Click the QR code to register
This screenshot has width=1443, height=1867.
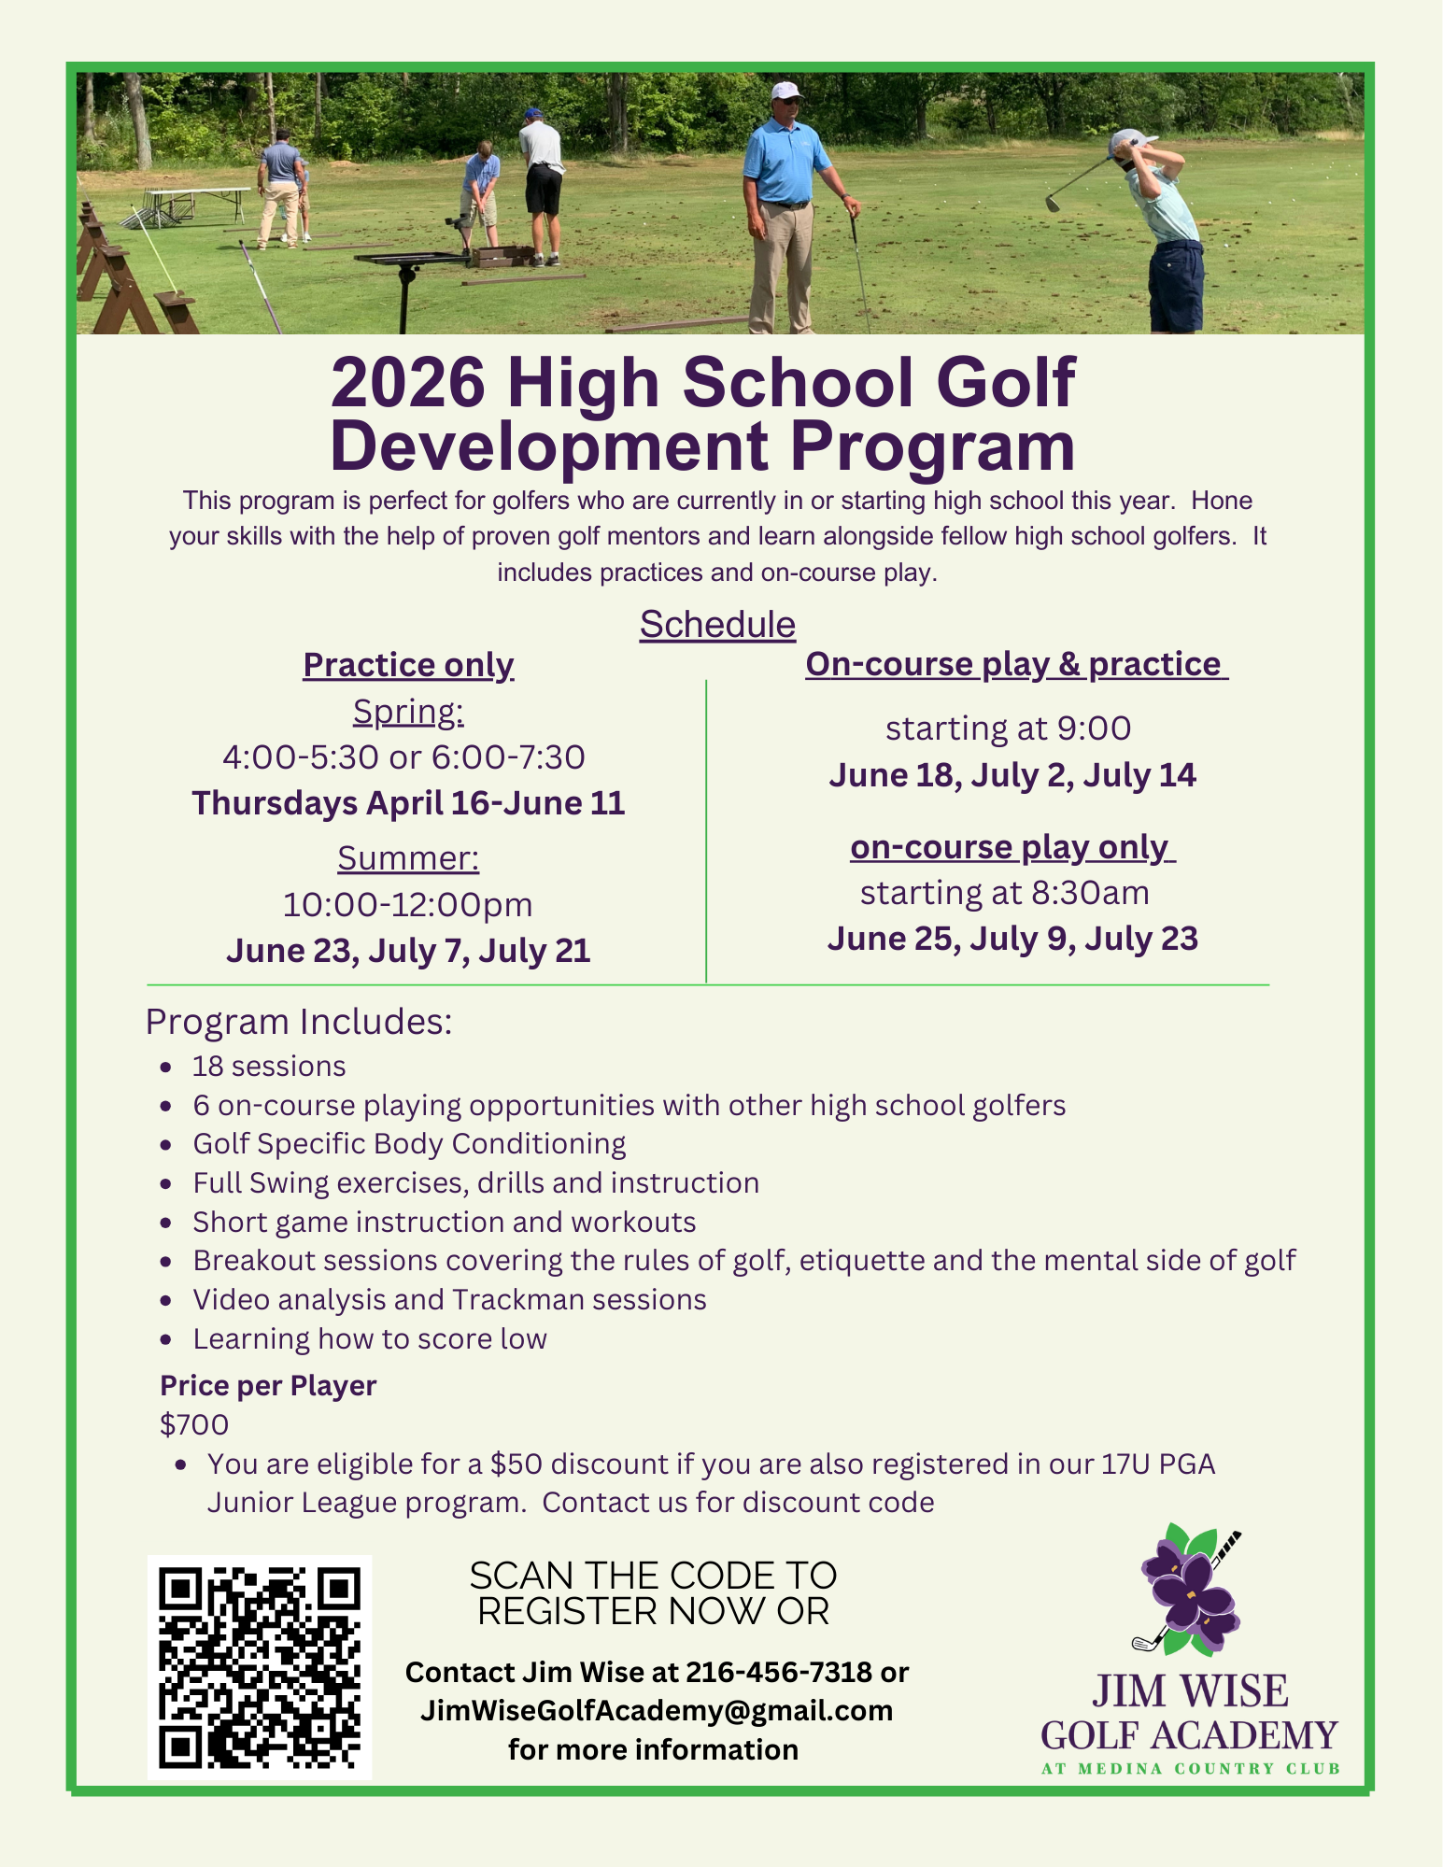click(x=259, y=1666)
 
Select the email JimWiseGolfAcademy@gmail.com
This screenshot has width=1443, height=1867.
click(x=657, y=1710)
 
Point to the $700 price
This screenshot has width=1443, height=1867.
click(x=194, y=1424)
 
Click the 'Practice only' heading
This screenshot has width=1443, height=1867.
click(x=408, y=665)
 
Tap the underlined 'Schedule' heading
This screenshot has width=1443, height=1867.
click(x=717, y=625)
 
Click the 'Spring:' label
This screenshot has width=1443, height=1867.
click(x=408, y=713)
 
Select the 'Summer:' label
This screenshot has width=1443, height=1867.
click(x=408, y=857)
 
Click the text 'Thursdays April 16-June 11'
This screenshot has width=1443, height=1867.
click(x=408, y=803)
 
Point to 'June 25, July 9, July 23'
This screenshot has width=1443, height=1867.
click(x=1012, y=939)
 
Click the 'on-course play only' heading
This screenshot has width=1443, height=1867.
click(x=1012, y=847)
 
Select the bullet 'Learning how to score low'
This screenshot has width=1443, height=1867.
click(x=370, y=1338)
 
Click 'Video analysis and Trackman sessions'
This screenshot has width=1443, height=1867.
click(x=449, y=1299)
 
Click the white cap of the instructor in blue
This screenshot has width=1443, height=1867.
click(x=786, y=91)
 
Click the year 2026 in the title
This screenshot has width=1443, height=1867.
click(x=408, y=382)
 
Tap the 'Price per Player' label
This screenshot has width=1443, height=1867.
click(x=268, y=1385)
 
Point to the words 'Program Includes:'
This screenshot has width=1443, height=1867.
click(x=299, y=1022)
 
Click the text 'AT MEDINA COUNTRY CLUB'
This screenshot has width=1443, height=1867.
click(x=1191, y=1768)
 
